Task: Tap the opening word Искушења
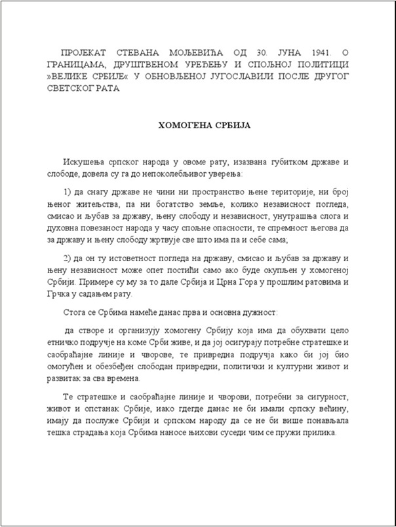(85, 161)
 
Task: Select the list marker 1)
(69, 191)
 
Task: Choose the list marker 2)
(69, 259)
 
